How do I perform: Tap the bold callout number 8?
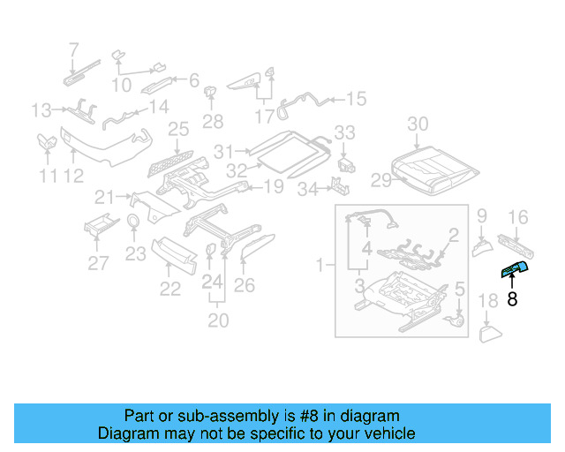pos(512,299)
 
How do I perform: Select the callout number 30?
pos(418,124)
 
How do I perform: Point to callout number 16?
pos(518,217)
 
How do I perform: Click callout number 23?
pos(134,255)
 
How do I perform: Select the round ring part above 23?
pos(134,222)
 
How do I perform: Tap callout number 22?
pos(169,288)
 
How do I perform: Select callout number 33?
pos(344,132)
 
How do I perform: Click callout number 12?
pos(73,176)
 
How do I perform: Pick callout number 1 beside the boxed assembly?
pos(320,263)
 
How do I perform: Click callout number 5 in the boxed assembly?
pos(459,288)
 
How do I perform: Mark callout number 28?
pos(213,121)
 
